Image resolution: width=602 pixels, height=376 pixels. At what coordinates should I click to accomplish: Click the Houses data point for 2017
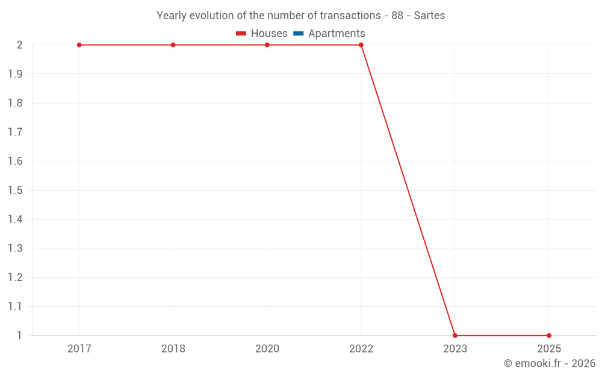79,45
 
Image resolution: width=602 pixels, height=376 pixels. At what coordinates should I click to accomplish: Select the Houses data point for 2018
173,45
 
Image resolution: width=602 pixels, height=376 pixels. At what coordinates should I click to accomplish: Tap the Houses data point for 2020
267,45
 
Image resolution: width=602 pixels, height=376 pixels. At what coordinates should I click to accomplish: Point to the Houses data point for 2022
361,45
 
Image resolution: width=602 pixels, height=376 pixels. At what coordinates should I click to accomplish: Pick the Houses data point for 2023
455,336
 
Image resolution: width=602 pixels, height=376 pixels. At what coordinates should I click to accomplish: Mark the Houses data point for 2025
549,336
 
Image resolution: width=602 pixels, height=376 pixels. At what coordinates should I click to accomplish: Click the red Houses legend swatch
241,34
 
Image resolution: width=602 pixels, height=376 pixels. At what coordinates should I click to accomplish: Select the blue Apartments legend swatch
299,34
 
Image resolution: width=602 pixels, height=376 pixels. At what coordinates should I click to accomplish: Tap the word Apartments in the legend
337,34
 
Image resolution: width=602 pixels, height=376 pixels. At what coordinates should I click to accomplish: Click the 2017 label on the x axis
79,349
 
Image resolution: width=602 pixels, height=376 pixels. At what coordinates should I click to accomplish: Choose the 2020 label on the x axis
267,349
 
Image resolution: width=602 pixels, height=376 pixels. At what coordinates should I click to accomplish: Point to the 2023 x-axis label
455,349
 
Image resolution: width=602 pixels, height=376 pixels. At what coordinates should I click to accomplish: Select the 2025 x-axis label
549,349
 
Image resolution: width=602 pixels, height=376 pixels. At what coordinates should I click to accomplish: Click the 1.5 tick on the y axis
15,191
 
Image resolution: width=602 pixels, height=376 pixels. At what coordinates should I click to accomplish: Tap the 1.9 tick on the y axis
15,74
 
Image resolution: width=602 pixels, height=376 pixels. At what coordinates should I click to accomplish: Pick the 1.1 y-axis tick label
15,307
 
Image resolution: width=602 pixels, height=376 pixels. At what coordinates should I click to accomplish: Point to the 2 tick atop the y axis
19,45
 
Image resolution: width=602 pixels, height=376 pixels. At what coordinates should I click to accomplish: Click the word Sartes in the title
429,16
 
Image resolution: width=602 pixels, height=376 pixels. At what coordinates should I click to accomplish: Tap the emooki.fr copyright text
550,363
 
